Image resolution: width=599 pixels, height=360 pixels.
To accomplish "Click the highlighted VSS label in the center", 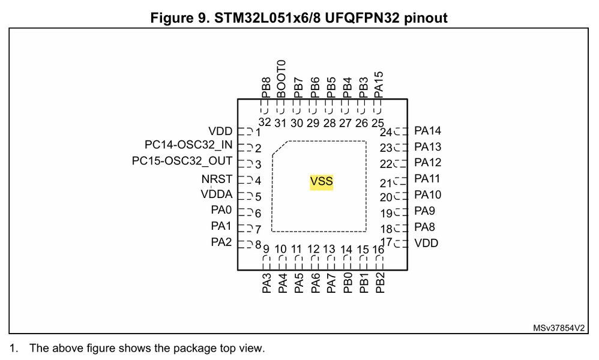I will click(321, 182).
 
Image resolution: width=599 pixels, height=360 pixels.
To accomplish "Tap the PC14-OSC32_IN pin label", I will click(188, 145).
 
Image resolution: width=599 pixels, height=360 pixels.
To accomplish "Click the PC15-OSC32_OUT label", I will click(182, 161).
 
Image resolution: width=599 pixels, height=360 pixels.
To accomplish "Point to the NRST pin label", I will click(217, 179).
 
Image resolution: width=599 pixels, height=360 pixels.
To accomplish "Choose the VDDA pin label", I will click(217, 194).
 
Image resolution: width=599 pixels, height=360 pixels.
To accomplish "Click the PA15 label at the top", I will click(378, 84).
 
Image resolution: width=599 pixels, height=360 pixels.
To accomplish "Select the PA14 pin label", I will click(428, 131).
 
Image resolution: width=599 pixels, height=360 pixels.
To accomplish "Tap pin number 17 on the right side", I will click(386, 242).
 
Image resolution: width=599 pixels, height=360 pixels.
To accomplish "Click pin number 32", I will click(265, 123).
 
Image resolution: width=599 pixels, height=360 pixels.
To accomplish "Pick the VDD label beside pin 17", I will click(426, 244).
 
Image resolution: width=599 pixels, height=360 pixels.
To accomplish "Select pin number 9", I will click(265, 249).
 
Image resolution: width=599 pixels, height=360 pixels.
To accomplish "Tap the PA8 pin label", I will click(425, 227).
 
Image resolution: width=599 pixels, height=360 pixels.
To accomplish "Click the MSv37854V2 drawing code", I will click(558, 328).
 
